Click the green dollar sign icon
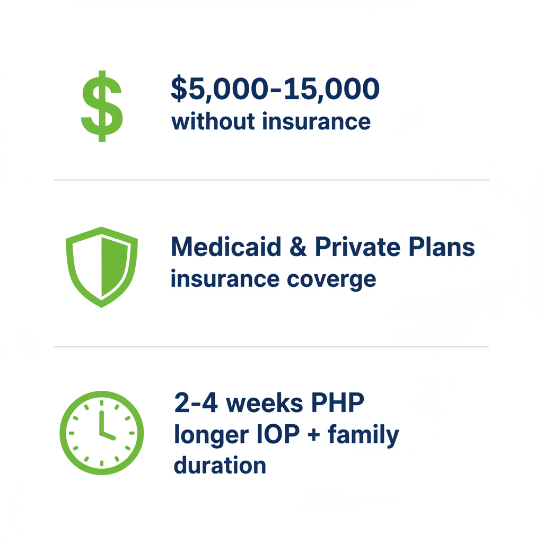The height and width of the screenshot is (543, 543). tap(101, 106)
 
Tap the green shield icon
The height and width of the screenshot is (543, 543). tap(101, 267)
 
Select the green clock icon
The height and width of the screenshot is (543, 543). tap(101, 433)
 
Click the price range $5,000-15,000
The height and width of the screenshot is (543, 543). tap(275, 89)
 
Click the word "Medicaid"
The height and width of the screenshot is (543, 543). tap(226, 247)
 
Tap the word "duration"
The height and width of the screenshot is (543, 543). tap(220, 465)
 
